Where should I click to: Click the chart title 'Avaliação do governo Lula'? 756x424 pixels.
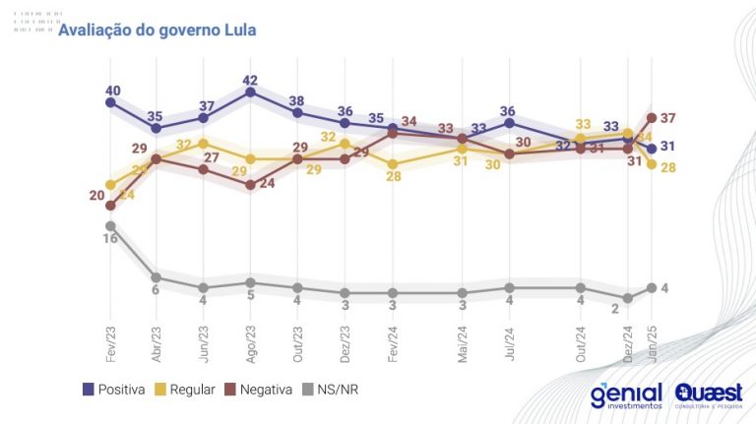point(157,30)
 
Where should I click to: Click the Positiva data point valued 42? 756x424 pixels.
point(250,92)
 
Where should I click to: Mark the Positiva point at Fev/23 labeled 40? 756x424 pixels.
point(110,101)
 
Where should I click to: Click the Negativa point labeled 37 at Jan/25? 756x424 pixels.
point(651,118)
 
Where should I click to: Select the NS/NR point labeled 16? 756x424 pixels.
point(110,225)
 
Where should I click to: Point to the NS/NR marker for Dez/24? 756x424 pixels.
point(627,298)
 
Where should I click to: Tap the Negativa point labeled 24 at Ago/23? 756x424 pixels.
point(250,184)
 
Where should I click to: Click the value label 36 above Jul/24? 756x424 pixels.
point(509,111)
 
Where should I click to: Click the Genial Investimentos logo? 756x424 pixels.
point(625,395)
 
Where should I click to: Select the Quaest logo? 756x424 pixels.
point(709,395)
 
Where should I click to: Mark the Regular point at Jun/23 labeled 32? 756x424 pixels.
point(203,144)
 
